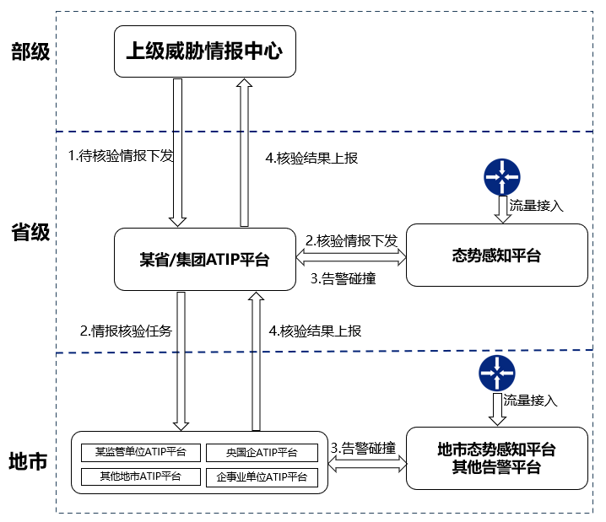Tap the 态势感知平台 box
(496, 256)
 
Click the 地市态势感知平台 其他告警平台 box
(496, 458)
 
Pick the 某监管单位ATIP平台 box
(141, 452)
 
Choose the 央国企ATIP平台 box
(262, 452)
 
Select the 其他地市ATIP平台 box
(141, 476)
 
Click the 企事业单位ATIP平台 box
(262, 477)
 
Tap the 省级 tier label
(30, 233)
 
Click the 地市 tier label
(30, 462)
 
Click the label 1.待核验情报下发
(121, 155)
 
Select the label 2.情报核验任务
(126, 331)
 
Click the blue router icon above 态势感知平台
(501, 175)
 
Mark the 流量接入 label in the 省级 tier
(537, 205)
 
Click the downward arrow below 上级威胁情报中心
(178, 152)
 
